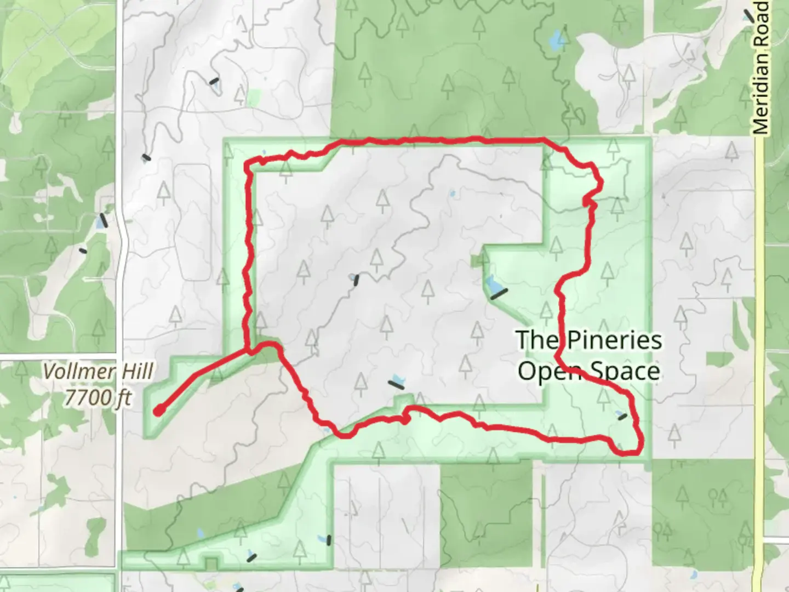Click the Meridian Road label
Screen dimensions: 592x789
(762, 69)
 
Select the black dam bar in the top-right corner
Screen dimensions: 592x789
(749, 15)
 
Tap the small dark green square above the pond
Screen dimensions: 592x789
(476, 260)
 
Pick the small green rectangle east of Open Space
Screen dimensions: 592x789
(719, 360)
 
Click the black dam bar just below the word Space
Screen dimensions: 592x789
(622, 417)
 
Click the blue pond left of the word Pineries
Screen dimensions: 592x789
(491, 286)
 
